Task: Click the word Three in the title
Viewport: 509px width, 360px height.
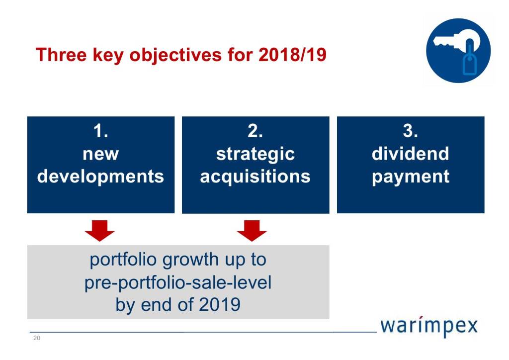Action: pyautogui.click(x=61, y=54)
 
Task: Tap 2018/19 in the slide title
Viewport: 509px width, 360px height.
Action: pyautogui.click(x=292, y=54)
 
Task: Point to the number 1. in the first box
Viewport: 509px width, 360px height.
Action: pyautogui.click(x=100, y=131)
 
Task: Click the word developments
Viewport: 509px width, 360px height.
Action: pyautogui.click(x=100, y=177)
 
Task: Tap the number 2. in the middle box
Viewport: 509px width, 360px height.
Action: pyautogui.click(x=255, y=131)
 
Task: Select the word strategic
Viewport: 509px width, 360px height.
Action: pyautogui.click(x=255, y=155)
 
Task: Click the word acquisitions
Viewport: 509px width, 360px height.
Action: pyautogui.click(x=255, y=177)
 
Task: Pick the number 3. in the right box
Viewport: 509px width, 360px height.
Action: pyautogui.click(x=410, y=131)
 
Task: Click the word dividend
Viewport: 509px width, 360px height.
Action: pyautogui.click(x=410, y=154)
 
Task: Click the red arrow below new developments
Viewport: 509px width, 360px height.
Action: pyautogui.click(x=99, y=231)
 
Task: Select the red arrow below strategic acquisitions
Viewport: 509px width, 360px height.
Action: pyautogui.click(x=252, y=231)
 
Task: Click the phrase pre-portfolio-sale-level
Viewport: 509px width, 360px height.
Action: pyautogui.click(x=178, y=283)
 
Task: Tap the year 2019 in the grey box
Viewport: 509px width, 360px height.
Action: pyautogui.click(x=219, y=305)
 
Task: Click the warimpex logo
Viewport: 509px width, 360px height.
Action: pyautogui.click(x=429, y=326)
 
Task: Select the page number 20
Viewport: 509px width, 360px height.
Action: pyautogui.click(x=37, y=338)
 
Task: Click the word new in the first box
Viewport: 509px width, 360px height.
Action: pyautogui.click(x=100, y=154)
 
